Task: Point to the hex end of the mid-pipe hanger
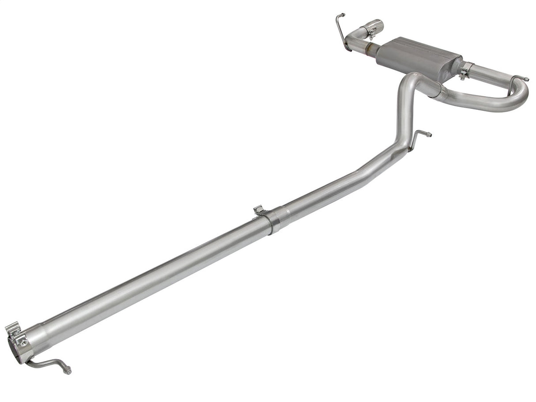click(x=429, y=135)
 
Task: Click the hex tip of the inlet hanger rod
click(x=68, y=371)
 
